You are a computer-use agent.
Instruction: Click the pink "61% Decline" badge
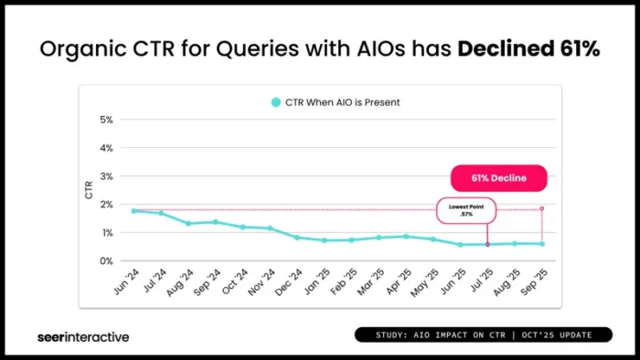498,178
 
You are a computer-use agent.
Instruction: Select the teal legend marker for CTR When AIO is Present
275,102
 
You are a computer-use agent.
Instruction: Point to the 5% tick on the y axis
106,120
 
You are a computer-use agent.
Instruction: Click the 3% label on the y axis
106,176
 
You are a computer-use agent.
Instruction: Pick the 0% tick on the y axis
106,261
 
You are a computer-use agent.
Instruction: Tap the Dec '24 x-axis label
291,280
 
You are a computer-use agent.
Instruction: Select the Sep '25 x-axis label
535,280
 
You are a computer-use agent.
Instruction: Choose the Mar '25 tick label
372,280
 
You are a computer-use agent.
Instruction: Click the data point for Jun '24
134,211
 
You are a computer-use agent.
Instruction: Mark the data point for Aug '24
188,224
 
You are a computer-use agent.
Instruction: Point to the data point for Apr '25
406,237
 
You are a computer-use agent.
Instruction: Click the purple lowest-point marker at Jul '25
487,245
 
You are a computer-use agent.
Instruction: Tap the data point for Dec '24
297,238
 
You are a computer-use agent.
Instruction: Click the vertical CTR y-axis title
89,190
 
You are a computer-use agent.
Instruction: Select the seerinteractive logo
83,336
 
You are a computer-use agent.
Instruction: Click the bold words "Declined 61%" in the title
529,49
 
